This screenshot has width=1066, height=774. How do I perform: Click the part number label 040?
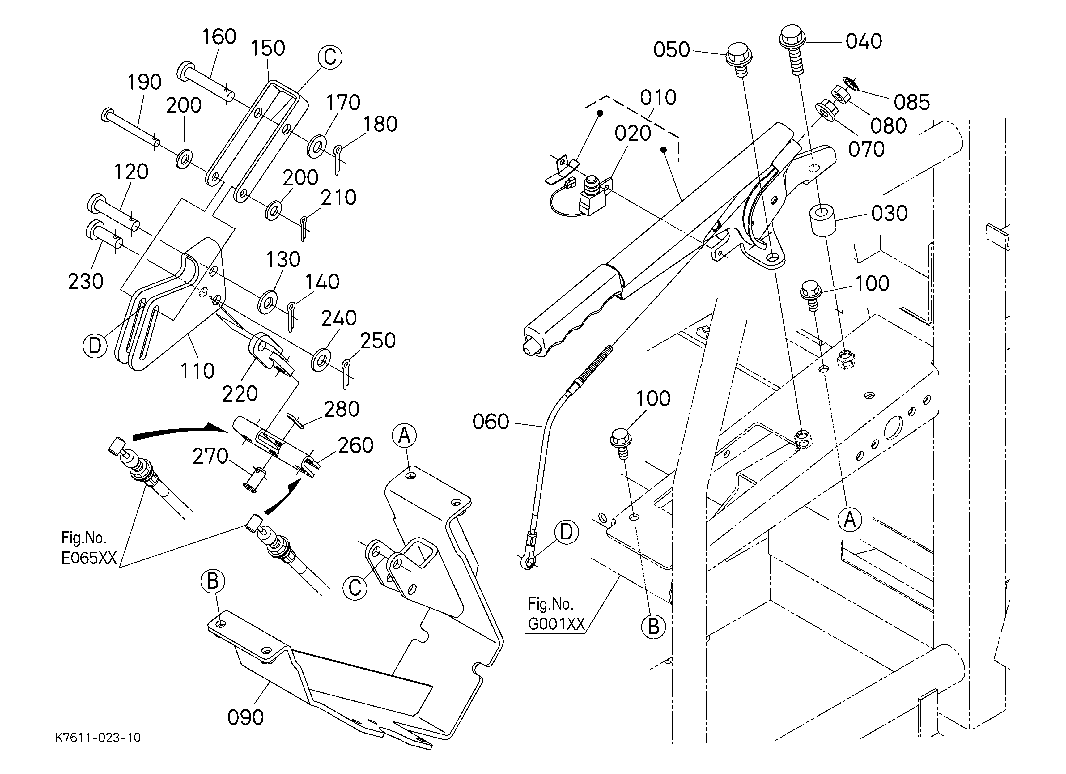(x=864, y=41)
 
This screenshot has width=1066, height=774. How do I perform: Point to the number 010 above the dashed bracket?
(x=658, y=98)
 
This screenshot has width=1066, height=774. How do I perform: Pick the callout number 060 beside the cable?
(x=491, y=422)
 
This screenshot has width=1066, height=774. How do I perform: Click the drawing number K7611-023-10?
(x=98, y=737)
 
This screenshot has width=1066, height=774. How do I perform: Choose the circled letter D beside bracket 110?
(x=95, y=346)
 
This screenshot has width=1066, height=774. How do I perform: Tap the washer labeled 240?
(x=321, y=359)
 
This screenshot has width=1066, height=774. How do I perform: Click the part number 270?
(x=210, y=456)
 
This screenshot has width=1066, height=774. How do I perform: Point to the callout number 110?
(x=197, y=371)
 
